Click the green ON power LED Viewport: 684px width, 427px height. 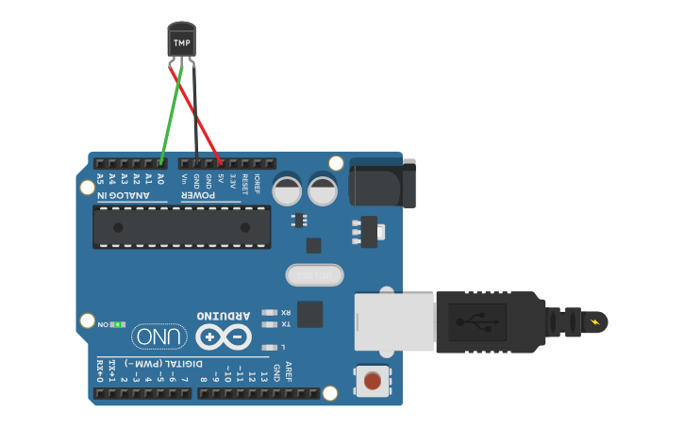point(117,325)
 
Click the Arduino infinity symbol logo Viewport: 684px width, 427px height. point(224,336)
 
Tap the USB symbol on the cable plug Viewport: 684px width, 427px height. point(476,322)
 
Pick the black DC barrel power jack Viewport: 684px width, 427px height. point(381,182)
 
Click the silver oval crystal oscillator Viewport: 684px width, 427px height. point(314,274)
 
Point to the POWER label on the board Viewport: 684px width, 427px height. point(199,194)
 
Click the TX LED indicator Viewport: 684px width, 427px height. point(271,324)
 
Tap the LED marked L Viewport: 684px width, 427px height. point(271,346)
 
